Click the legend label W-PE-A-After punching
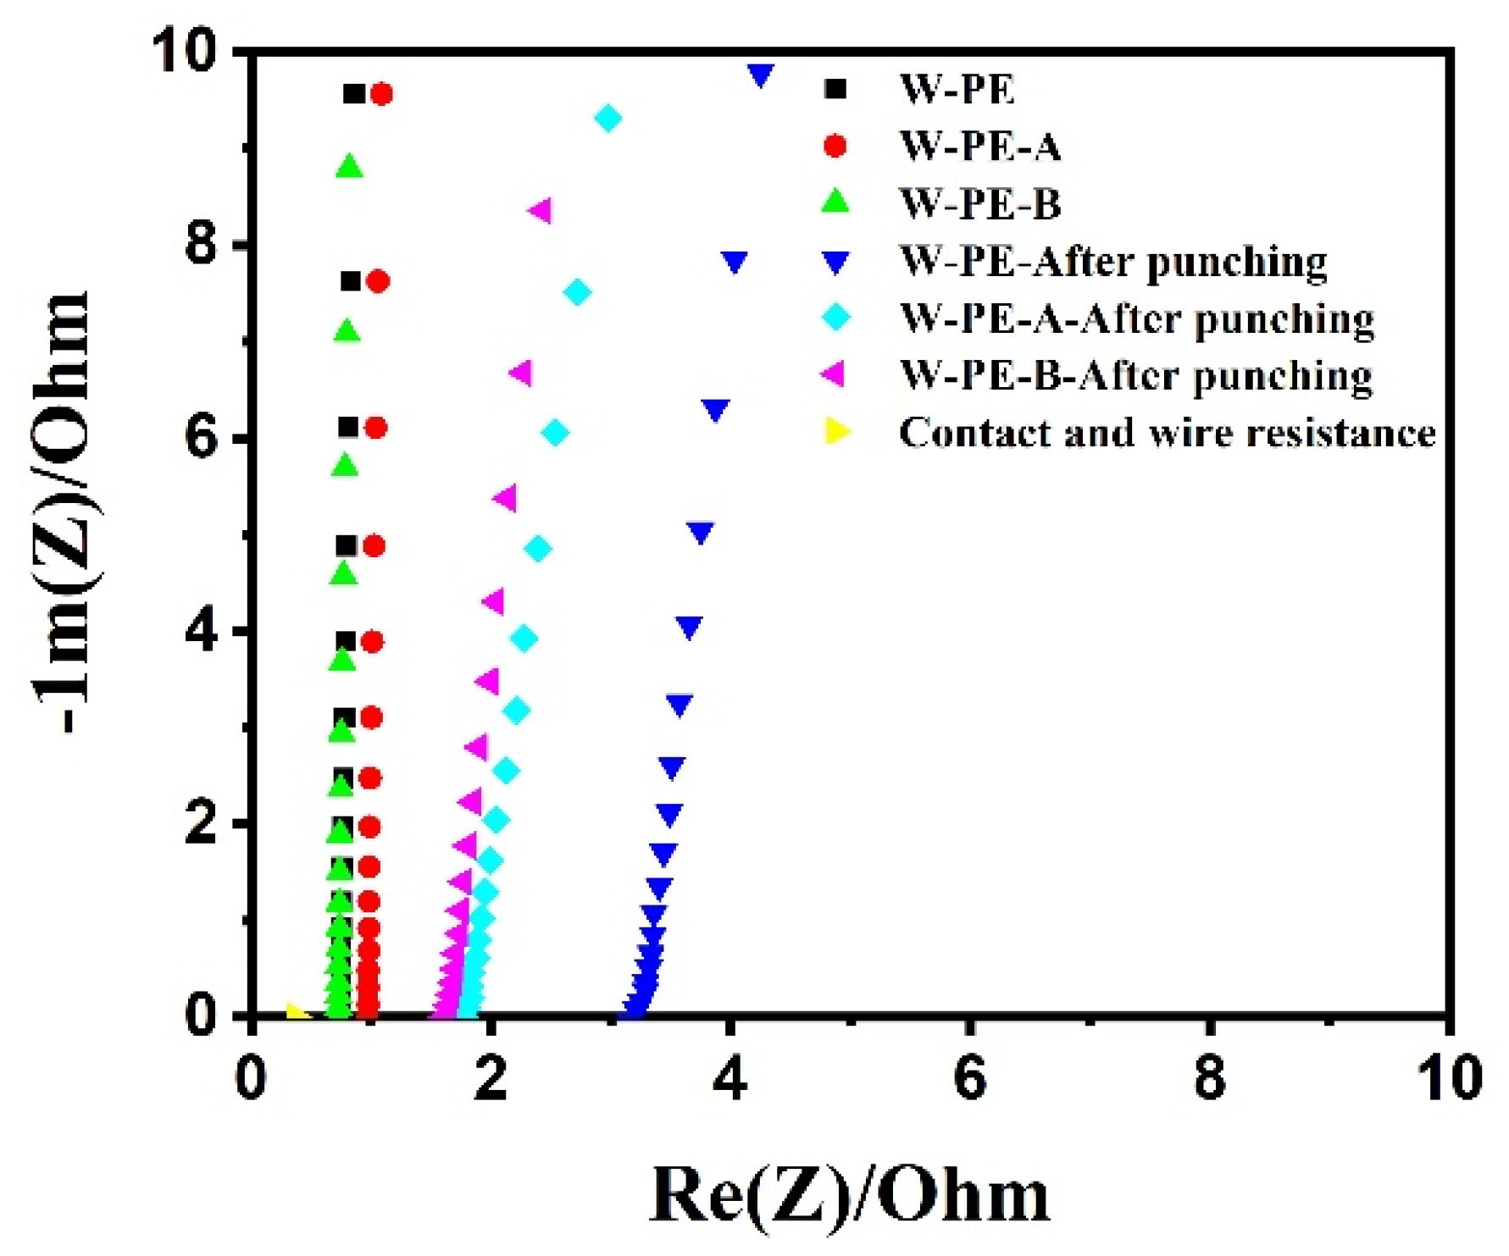click(x=1136, y=319)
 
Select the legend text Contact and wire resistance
click(x=1168, y=433)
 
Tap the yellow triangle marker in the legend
click(x=836, y=432)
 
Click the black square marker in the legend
click(x=836, y=89)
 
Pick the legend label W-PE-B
click(x=979, y=204)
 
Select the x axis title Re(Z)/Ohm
click(x=849, y=1195)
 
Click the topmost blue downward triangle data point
click(x=761, y=75)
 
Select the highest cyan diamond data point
click(x=607, y=119)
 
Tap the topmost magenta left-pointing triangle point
click(x=541, y=210)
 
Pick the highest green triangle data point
click(x=349, y=167)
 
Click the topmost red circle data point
click(x=381, y=94)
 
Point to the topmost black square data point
click(x=354, y=94)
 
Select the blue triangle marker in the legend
click(x=836, y=263)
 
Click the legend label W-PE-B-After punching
click(x=1135, y=375)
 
